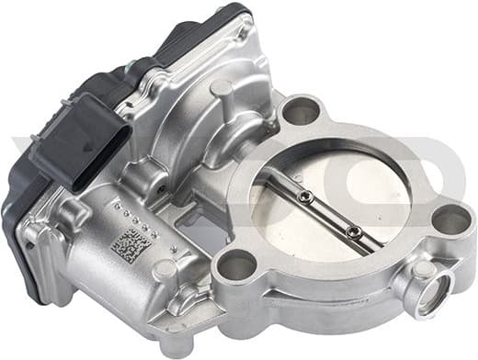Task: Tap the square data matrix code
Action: click(x=126, y=245)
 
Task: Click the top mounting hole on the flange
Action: click(x=301, y=111)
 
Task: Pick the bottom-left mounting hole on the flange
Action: click(x=238, y=267)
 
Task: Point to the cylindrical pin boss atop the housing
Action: click(x=222, y=92)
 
